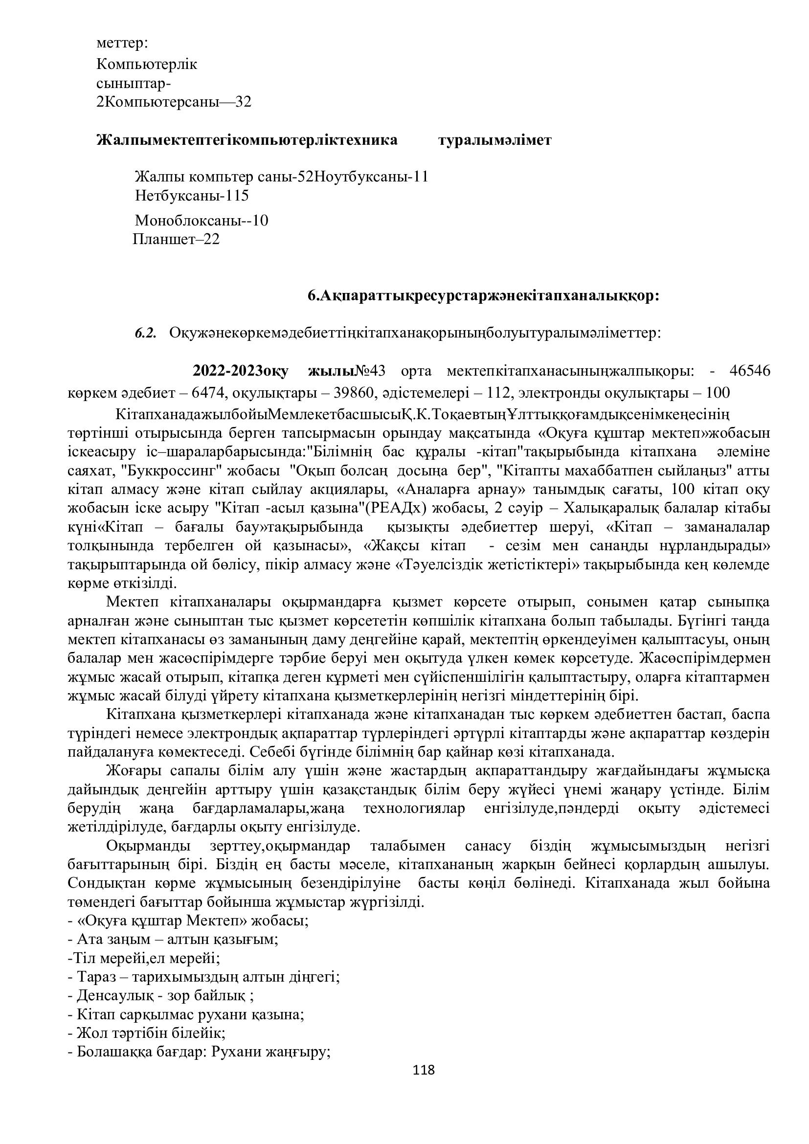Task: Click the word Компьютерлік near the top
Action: pyautogui.click(x=147, y=64)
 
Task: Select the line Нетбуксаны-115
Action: pyautogui.click(x=192, y=196)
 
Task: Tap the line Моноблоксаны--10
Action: pyautogui.click(x=202, y=220)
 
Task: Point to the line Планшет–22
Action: pyautogui.click(x=177, y=240)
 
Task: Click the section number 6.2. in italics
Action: pyautogui.click(x=145, y=333)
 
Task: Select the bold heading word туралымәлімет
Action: pyautogui.click(x=494, y=140)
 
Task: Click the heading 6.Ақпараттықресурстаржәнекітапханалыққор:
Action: pyautogui.click(x=483, y=296)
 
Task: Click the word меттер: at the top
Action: pyautogui.click(x=122, y=43)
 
